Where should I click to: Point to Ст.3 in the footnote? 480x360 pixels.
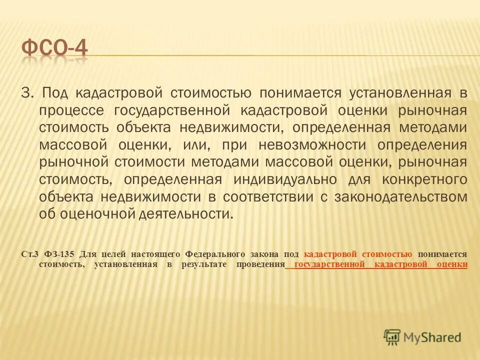click(29, 254)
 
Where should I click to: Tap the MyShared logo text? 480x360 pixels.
click(432, 336)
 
